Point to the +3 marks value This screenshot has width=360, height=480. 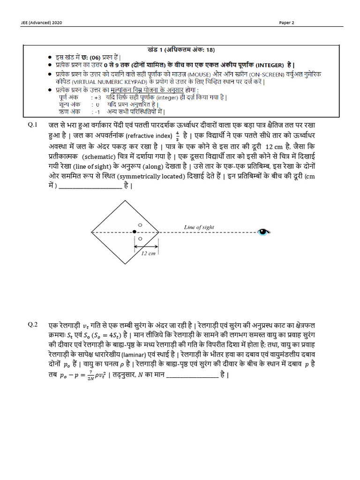[x=97, y=97]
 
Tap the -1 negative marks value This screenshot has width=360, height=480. [x=97, y=112]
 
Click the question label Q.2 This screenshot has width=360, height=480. [x=32, y=325]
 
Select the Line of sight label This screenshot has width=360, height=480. [x=199, y=227]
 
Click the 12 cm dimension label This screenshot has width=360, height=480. [x=148, y=253]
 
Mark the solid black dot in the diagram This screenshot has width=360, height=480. [x=135, y=232]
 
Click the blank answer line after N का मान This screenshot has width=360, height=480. [x=192, y=375]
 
